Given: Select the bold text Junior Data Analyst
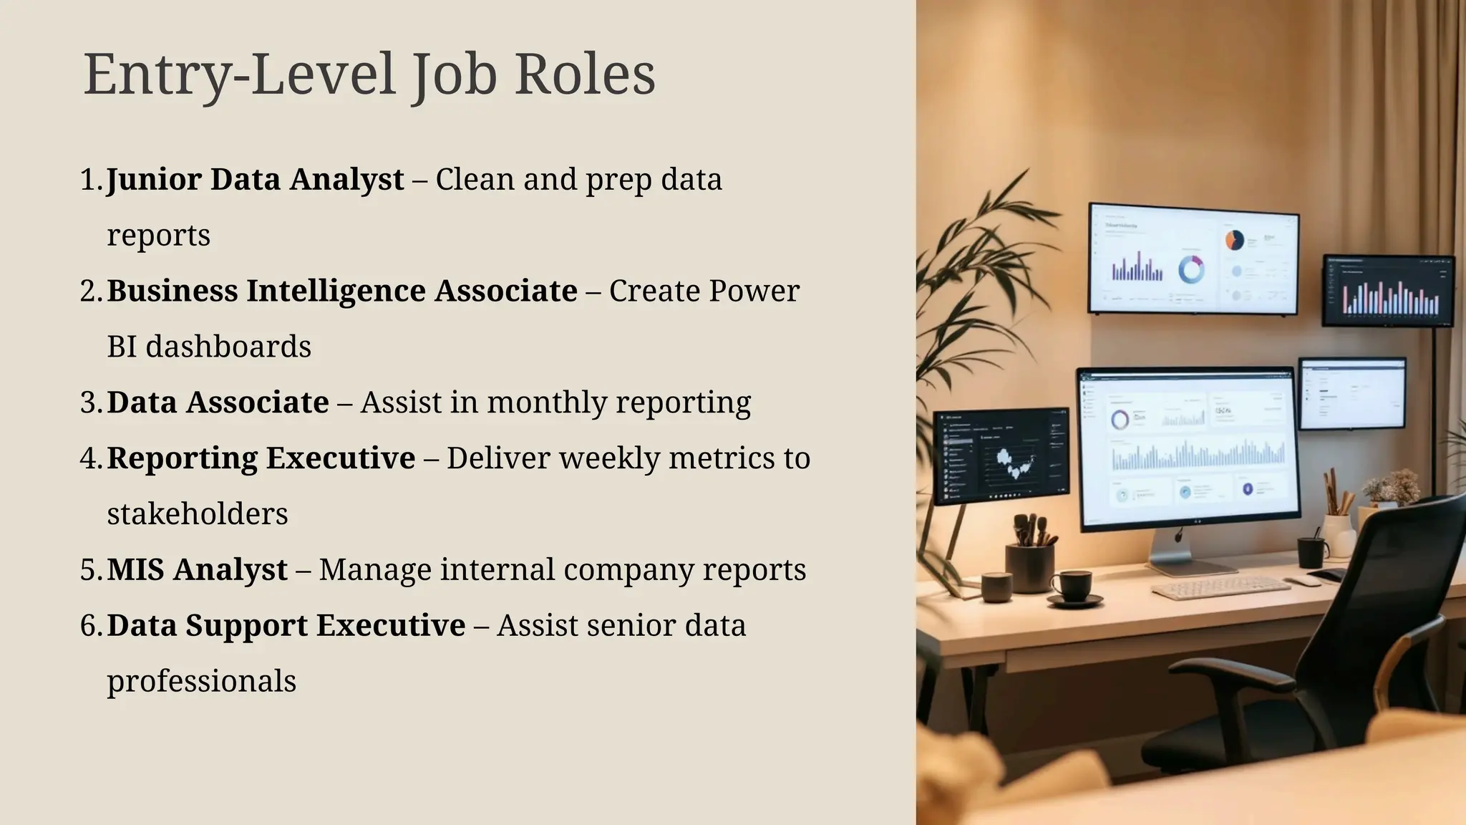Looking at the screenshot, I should tap(256, 179).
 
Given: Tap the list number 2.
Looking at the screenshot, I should tap(91, 291).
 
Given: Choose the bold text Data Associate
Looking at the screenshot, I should tap(218, 402).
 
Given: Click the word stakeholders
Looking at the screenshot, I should tap(198, 514).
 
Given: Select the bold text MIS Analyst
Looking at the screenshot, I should tap(197, 570).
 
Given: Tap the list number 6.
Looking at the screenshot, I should tap(91, 626).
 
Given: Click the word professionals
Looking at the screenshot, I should tap(201, 681).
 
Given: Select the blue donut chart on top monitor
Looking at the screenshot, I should tap(1191, 269).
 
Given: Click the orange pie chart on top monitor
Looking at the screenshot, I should tap(1234, 240).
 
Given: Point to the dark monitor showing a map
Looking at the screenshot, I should tap(1001, 455).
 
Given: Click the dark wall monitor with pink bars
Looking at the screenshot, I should tap(1387, 290).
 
